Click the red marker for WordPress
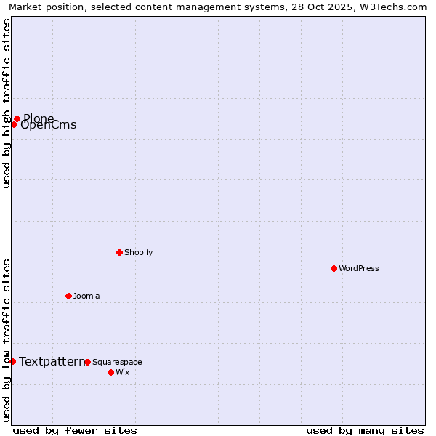[334, 268]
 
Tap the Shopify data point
[119, 252]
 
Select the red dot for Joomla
[68, 296]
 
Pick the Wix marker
[110, 372]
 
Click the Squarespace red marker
[87, 362]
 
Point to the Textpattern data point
[12, 361]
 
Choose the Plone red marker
[17, 118]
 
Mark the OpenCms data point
[14, 124]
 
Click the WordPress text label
[359, 268]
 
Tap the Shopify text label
[138, 252]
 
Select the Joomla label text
[86, 296]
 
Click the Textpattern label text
[52, 361]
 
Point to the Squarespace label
[117, 362]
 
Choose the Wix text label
[122, 372]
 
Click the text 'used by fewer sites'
[75, 430]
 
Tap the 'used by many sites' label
[365, 430]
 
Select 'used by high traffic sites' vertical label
[7, 103]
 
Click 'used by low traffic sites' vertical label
[7, 340]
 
